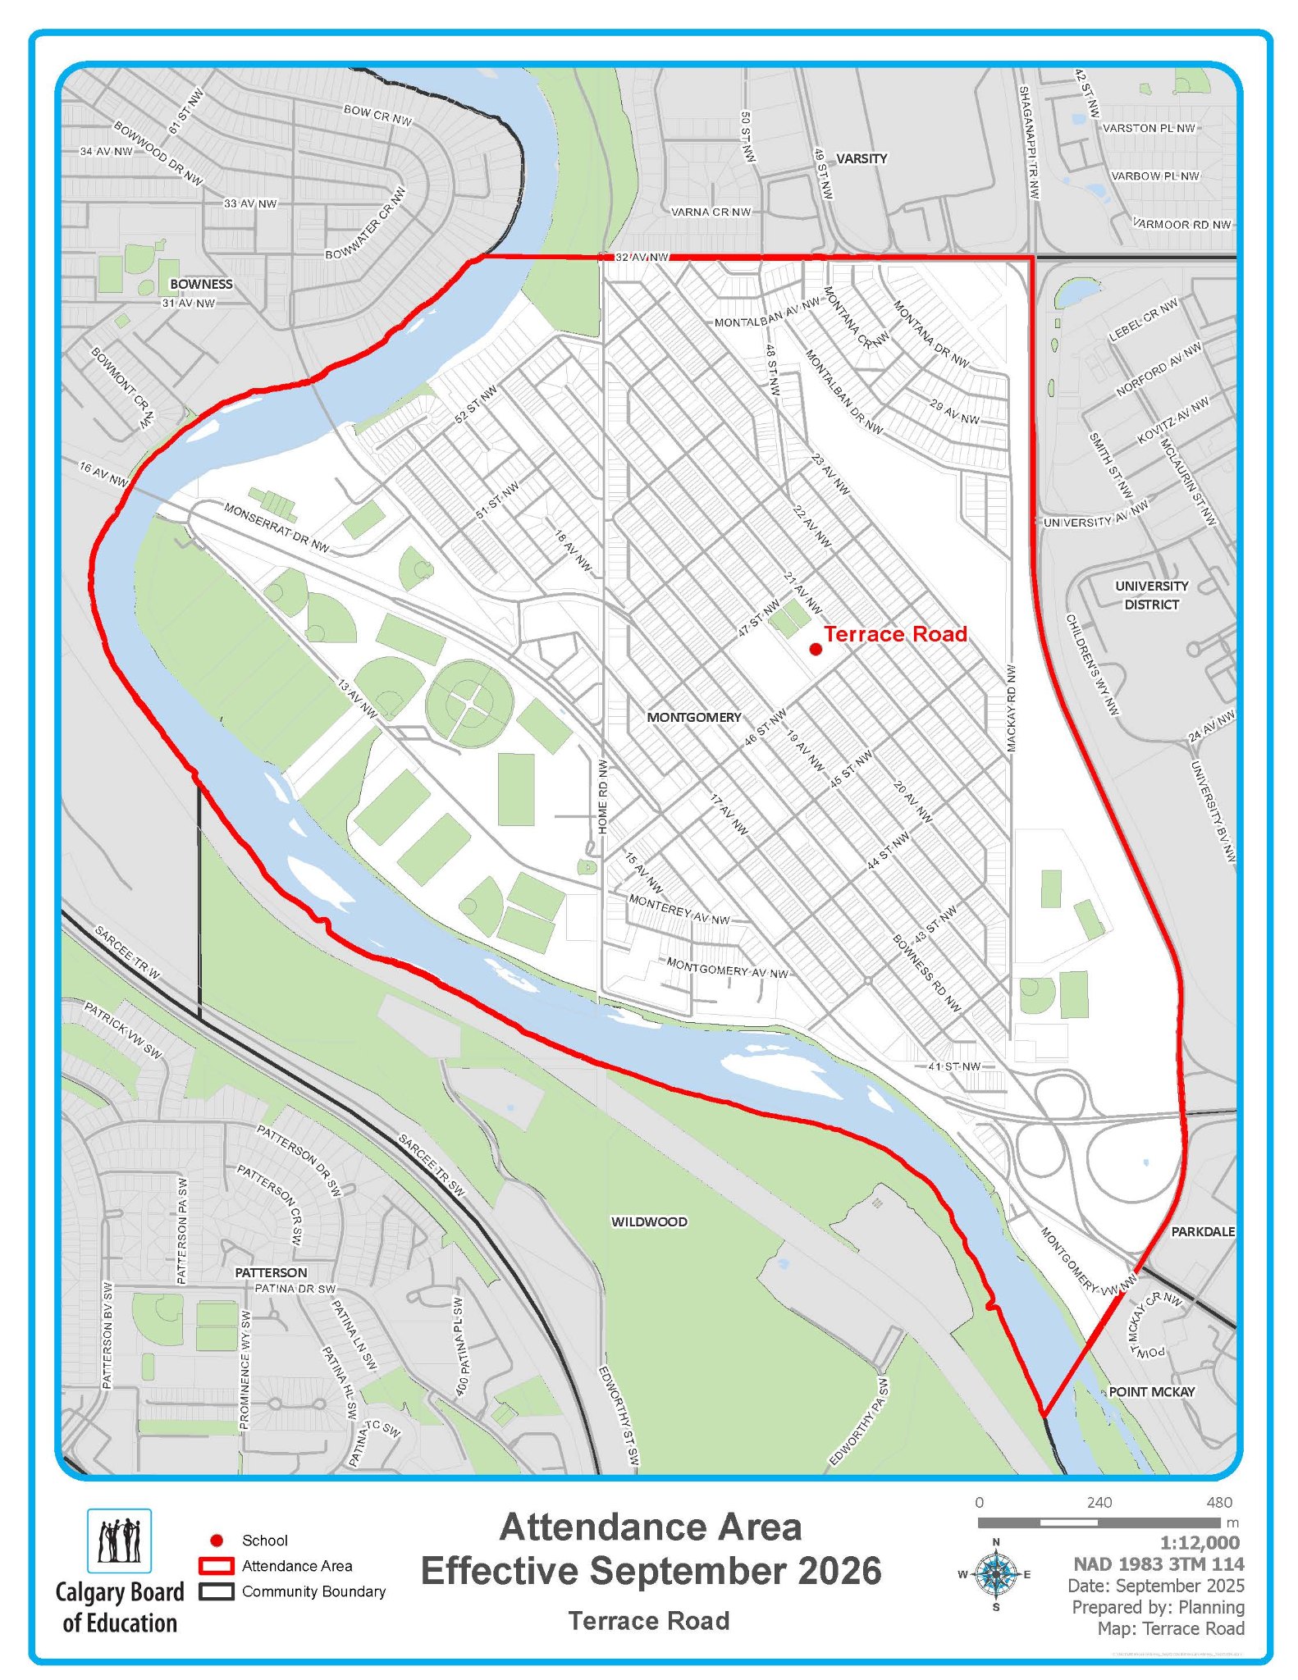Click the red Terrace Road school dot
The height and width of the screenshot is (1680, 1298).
pos(816,649)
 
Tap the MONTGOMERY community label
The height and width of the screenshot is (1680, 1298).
pos(693,717)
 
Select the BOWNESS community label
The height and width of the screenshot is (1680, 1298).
pos(201,284)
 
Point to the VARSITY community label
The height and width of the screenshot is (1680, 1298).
pos(862,158)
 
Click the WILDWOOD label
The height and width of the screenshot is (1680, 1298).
pos(649,1221)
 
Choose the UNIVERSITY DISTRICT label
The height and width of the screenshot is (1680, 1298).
pos(1151,595)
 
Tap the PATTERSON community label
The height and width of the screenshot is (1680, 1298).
pos(271,1272)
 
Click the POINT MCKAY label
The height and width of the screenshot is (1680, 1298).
pos(1151,1391)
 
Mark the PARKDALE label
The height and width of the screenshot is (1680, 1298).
pos(1202,1231)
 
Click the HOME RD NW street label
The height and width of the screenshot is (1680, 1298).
pos(603,797)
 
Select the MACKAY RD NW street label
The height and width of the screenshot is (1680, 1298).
pos(1011,708)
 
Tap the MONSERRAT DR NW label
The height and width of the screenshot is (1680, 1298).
pos(277,527)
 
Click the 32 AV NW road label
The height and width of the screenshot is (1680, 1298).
pos(642,257)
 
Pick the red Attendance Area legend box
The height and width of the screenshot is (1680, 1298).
pos(217,1566)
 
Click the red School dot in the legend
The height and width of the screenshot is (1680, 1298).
pos(217,1541)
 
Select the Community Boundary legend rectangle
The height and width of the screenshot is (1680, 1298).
pos(217,1591)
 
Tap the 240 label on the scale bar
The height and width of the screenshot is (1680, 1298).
pos(1099,1502)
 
